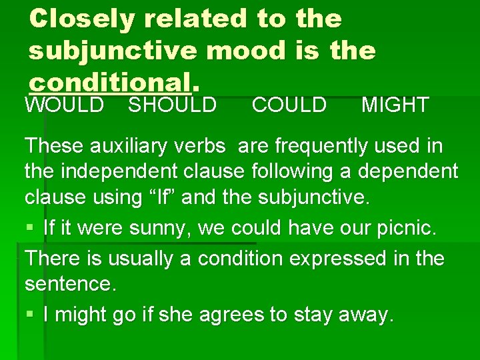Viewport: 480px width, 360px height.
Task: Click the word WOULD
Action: pos(64,105)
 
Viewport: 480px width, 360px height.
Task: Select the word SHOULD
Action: pos(172,105)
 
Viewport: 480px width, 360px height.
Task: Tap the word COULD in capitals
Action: pos(289,105)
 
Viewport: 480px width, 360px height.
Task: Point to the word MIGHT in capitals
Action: pos(395,105)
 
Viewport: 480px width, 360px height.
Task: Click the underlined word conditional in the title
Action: pos(109,82)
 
